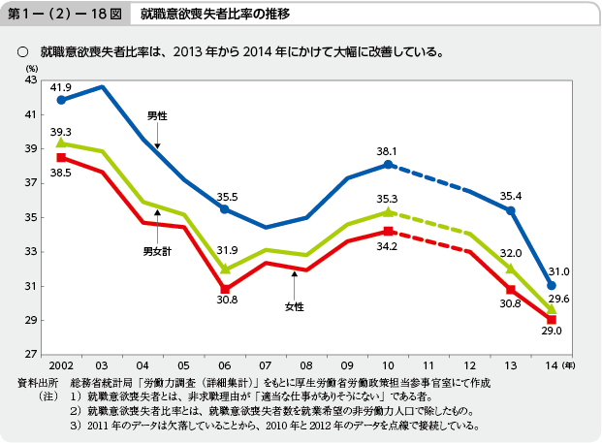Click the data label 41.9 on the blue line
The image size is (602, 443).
click(61, 87)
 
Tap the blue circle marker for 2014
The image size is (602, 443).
click(552, 286)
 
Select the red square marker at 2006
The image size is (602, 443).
click(224, 289)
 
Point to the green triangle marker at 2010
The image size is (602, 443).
click(388, 211)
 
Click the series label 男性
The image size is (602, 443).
click(157, 115)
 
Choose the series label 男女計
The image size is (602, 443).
click(157, 251)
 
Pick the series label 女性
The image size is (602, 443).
click(294, 306)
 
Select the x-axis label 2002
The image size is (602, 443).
click(60, 365)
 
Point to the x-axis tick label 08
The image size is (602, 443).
click(305, 365)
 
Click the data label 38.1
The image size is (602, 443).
click(388, 151)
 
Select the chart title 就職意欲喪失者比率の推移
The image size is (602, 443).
click(214, 15)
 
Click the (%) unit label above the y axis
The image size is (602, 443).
click(32, 69)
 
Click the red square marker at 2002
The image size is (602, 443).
click(61, 157)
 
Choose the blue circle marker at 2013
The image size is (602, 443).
click(511, 210)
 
